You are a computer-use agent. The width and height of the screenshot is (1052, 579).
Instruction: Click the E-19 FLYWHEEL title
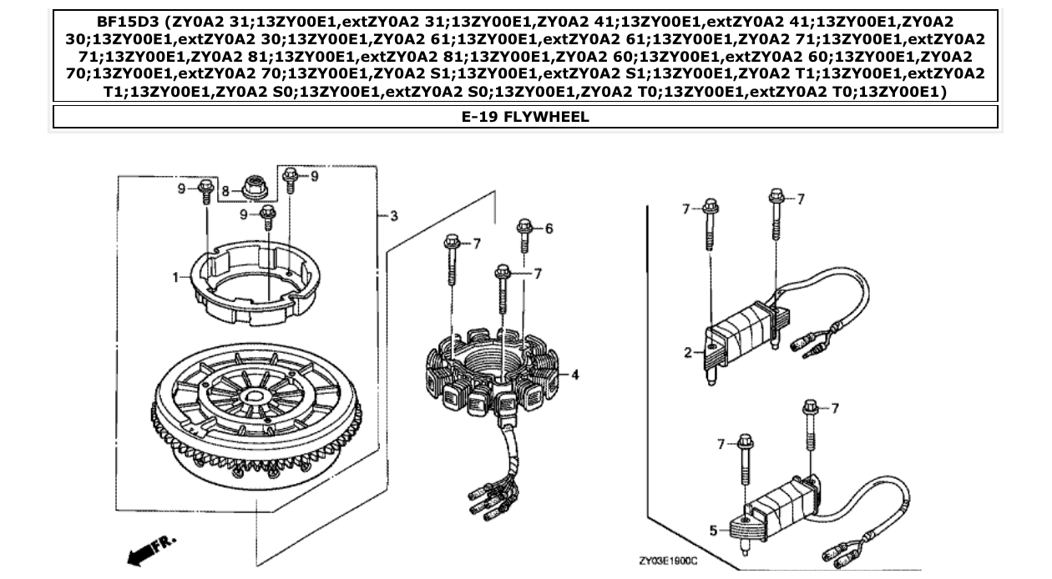[x=525, y=117]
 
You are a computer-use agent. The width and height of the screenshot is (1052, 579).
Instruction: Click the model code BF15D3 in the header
[x=101, y=22]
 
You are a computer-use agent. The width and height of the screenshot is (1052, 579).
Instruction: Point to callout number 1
[x=176, y=277]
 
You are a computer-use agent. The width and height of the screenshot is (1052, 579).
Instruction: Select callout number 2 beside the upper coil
[x=689, y=353]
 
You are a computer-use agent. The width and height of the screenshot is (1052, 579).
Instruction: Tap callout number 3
[x=393, y=216]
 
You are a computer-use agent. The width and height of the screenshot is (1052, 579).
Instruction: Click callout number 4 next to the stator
[x=575, y=375]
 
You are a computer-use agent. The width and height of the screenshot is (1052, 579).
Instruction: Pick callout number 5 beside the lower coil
[x=712, y=529]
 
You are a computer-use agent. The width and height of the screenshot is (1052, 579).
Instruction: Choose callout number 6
[x=549, y=229]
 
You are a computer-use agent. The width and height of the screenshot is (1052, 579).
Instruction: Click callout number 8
[x=225, y=190]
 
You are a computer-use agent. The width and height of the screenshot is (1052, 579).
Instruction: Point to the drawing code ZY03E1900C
[x=668, y=561]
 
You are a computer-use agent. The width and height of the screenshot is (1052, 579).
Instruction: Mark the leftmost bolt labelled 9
[x=205, y=193]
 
